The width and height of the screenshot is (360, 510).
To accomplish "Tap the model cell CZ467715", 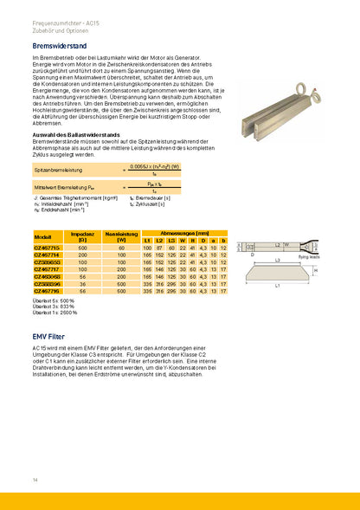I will (47, 248).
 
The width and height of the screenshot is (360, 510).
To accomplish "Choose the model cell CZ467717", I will (47, 268).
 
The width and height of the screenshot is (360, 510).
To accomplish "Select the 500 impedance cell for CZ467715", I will (82, 248).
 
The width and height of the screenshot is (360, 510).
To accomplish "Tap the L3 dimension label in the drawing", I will (276, 260).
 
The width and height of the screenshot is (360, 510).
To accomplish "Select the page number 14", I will (35, 478).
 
